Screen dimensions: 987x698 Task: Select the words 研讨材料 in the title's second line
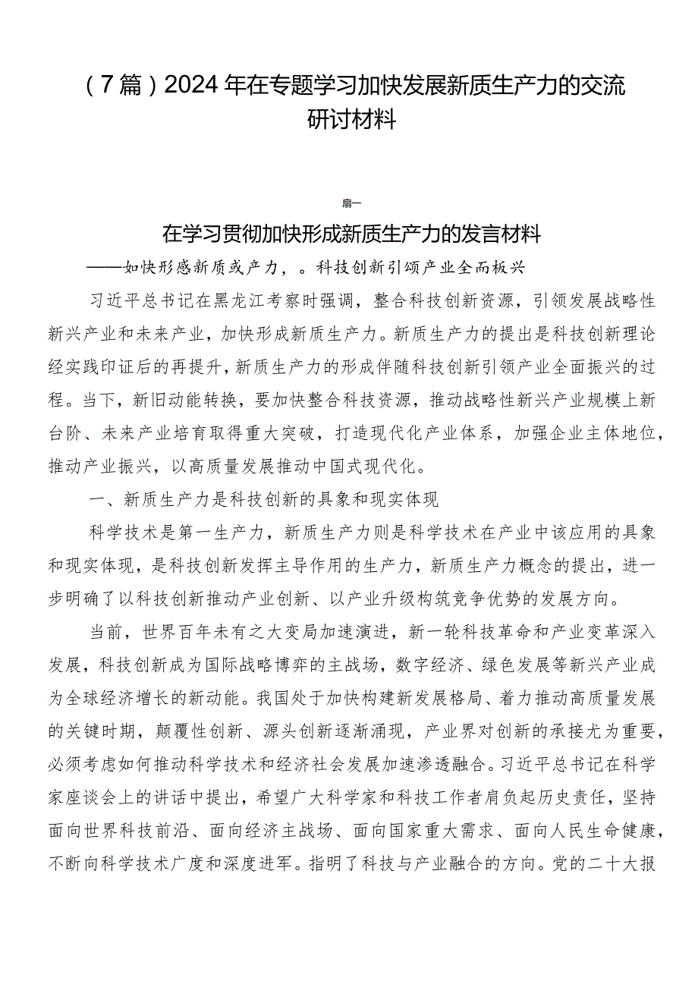(352, 119)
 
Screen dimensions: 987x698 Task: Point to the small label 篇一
(351, 203)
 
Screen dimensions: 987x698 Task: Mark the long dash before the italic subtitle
(105, 267)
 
